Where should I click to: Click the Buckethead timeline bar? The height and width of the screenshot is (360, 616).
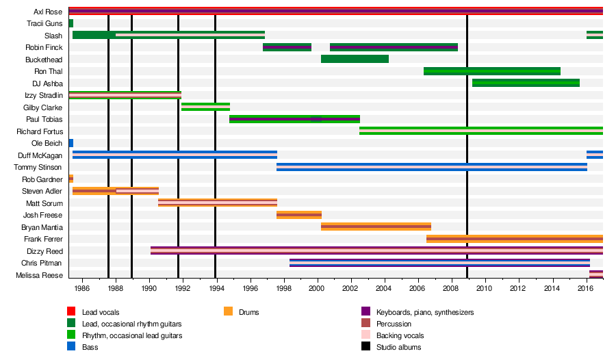(355, 59)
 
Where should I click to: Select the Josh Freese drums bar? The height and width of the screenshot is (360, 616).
(299, 215)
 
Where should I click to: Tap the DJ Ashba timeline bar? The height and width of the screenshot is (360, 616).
(526, 83)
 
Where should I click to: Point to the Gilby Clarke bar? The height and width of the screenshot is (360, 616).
(205, 106)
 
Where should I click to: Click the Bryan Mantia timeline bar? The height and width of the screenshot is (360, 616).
(376, 227)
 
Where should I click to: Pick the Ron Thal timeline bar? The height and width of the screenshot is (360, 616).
(492, 71)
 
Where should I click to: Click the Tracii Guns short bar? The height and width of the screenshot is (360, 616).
(71, 23)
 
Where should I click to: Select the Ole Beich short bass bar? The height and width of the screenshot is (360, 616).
(71, 143)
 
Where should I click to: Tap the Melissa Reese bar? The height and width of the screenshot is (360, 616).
(595, 274)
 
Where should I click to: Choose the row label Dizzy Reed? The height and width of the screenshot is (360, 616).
(47, 251)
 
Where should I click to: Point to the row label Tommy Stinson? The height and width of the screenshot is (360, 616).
(42, 167)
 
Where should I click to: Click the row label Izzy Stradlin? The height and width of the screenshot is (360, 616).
(44, 95)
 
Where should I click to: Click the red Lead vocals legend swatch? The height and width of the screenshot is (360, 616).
(70, 312)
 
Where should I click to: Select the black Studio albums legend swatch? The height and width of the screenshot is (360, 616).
(365, 347)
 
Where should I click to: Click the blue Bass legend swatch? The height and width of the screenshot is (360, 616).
(70, 347)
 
